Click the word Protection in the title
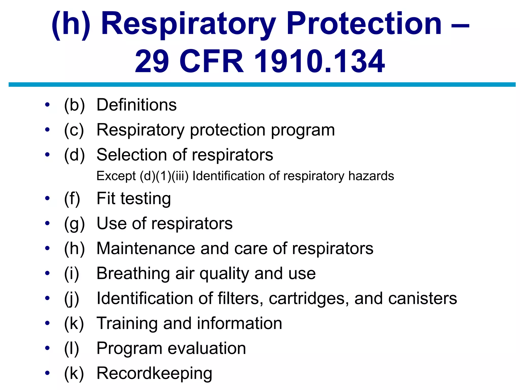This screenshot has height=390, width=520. point(364,25)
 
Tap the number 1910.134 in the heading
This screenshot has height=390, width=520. point(319,62)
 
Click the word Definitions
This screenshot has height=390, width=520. point(137,105)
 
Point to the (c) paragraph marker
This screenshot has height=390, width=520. point(74,130)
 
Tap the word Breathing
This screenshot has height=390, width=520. point(133,273)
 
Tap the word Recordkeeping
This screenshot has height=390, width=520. point(154,373)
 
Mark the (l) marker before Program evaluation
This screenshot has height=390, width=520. point(72,348)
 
